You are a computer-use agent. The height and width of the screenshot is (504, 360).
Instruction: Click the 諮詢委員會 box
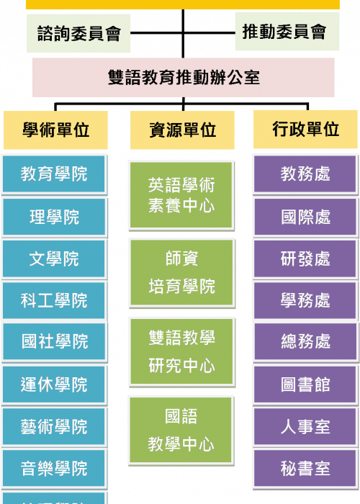pyautogui.click(x=78, y=33)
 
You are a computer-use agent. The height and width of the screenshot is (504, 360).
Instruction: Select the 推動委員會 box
pyautogui.click(x=287, y=32)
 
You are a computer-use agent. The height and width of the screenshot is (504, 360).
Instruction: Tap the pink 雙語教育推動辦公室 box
pyautogui.click(x=183, y=78)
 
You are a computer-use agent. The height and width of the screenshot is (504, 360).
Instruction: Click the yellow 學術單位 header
pyautogui.click(x=55, y=130)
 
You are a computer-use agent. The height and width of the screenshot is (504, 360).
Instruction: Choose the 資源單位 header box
pyautogui.click(x=182, y=130)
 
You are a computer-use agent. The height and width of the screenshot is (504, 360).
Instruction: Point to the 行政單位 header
pyautogui.click(x=306, y=129)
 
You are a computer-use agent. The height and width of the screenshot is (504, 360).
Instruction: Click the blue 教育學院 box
pyautogui.click(x=54, y=174)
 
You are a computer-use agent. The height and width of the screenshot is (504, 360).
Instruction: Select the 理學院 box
pyautogui.click(x=54, y=217)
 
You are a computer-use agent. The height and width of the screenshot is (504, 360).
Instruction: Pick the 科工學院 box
pyautogui.click(x=54, y=300)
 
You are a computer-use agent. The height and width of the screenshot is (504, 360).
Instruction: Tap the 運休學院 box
pyautogui.click(x=54, y=384)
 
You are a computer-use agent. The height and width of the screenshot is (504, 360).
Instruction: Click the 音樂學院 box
pyautogui.click(x=54, y=468)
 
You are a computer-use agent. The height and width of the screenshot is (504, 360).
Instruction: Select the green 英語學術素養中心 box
pyautogui.click(x=181, y=195)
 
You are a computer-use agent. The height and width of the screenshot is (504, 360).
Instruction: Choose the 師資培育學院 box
pyautogui.click(x=182, y=273)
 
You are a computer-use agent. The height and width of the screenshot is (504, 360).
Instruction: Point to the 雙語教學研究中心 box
pyautogui.click(x=182, y=352)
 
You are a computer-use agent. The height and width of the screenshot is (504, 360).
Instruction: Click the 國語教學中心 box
pyautogui.click(x=181, y=431)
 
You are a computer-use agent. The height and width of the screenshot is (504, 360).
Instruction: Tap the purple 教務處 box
pyautogui.click(x=305, y=174)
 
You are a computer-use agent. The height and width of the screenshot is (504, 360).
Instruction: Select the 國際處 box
pyautogui.click(x=306, y=217)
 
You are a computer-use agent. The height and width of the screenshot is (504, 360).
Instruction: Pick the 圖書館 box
pyautogui.click(x=305, y=384)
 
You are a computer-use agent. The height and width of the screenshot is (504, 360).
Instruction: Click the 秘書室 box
pyautogui.click(x=305, y=468)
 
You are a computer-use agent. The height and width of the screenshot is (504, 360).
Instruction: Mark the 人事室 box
pyautogui.click(x=305, y=426)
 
